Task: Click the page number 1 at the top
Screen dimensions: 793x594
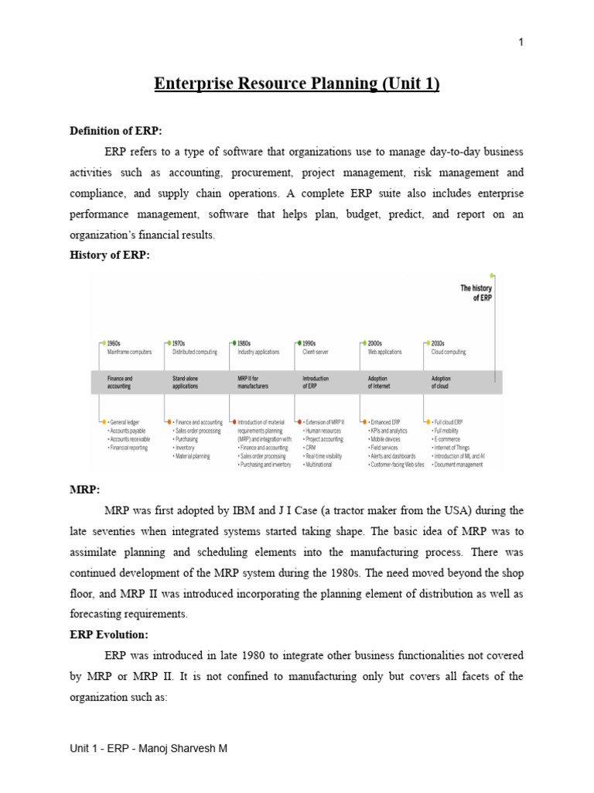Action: click(521, 42)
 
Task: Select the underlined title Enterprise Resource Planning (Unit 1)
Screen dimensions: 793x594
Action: click(297, 84)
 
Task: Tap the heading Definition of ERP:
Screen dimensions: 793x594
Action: click(116, 131)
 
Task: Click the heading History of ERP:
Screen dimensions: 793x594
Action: click(109, 256)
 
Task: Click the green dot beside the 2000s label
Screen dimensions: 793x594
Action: click(363, 342)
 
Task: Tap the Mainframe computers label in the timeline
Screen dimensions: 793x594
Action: click(130, 352)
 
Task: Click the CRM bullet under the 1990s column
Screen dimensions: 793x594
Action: click(312, 448)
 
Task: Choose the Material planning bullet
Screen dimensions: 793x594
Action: click(194, 457)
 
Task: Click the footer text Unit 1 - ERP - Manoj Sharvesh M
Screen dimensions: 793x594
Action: click(148, 749)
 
